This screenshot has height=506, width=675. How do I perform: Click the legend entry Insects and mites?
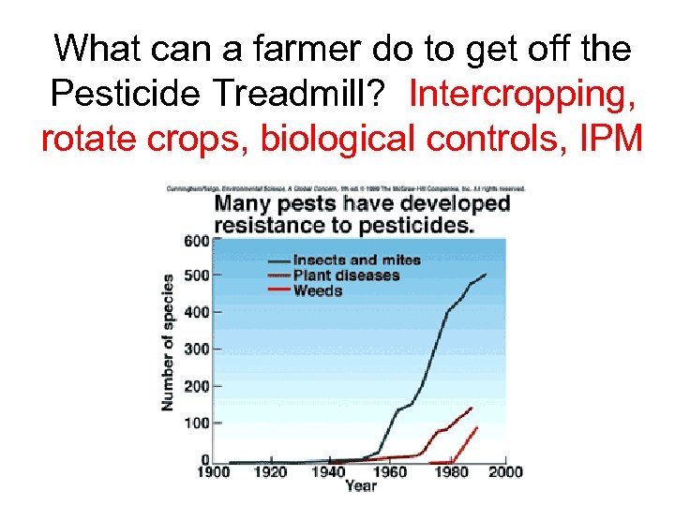pos(356,260)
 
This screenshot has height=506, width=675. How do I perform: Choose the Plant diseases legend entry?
pos(346,275)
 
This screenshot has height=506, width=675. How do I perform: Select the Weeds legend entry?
pos(318,290)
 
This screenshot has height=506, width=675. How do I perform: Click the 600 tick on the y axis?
pos(196,240)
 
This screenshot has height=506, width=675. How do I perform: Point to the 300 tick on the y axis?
pos(196,349)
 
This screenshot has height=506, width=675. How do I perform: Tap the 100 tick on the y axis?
pos(196,423)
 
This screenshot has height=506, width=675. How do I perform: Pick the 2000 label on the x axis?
pos(505,472)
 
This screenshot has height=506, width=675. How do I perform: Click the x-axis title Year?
pos(361,485)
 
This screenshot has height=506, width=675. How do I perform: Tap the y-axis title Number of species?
pos(168,342)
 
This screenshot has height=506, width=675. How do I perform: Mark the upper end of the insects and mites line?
pos(486,275)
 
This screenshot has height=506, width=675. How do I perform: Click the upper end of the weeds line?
pos(477,427)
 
